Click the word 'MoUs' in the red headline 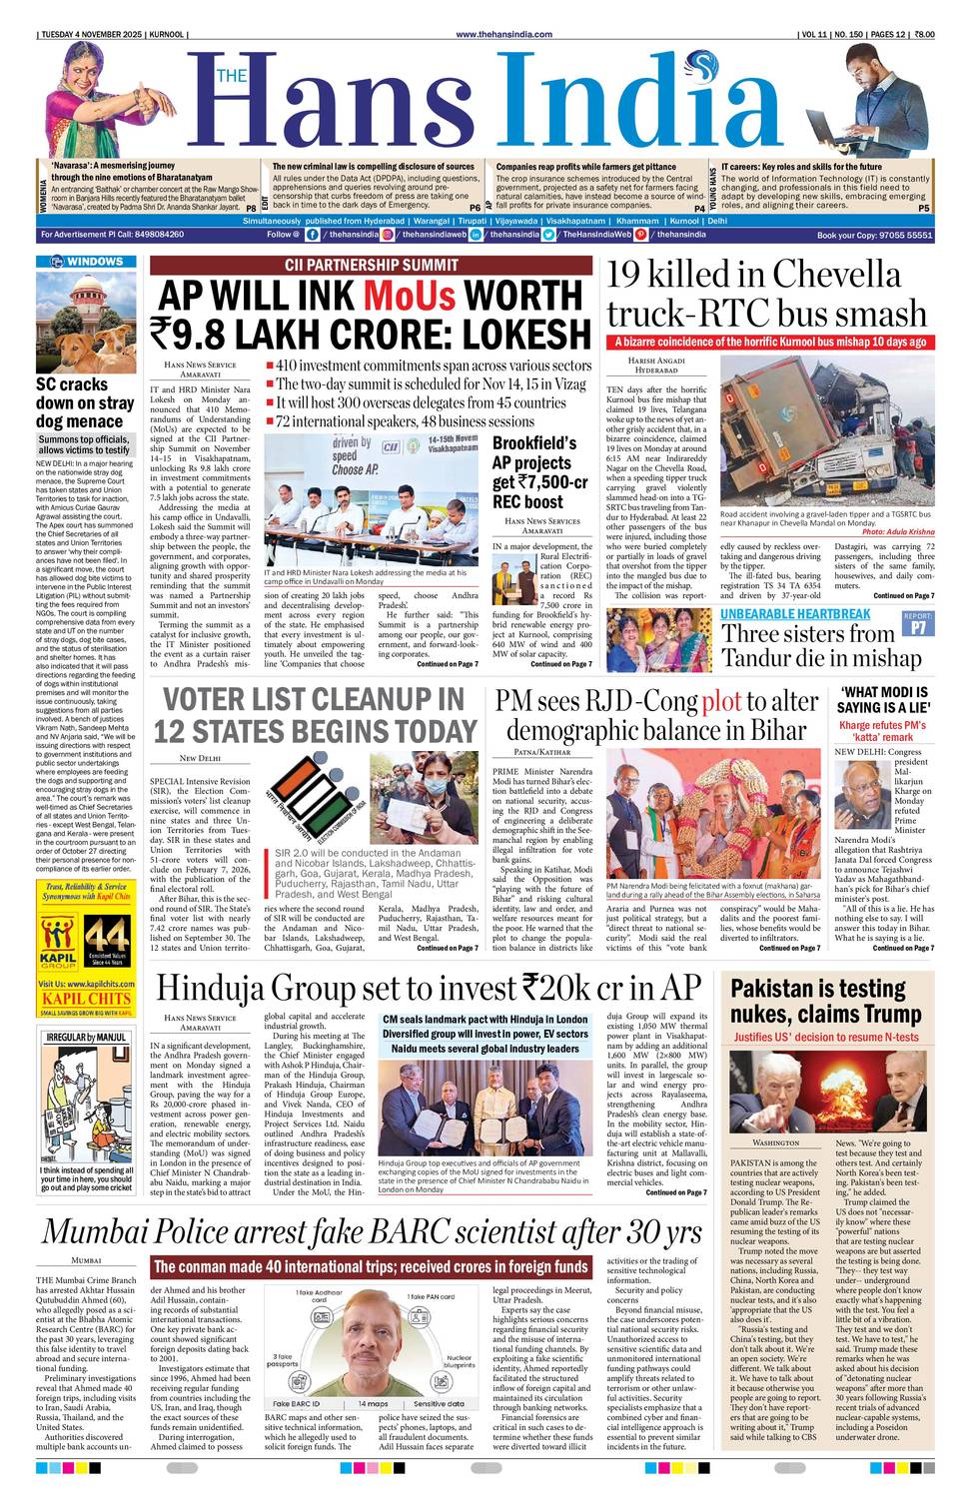pyautogui.click(x=409, y=297)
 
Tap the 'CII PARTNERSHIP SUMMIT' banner pyautogui.click(x=371, y=266)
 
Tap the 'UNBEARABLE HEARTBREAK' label pyautogui.click(x=795, y=613)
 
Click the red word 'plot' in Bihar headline pyautogui.click(x=721, y=701)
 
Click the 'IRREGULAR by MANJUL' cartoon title pyautogui.click(x=87, y=1038)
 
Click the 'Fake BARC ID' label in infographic pyautogui.click(x=298, y=1403)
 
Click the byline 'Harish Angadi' pyautogui.click(x=655, y=360)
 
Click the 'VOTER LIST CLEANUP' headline pyautogui.click(x=314, y=715)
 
